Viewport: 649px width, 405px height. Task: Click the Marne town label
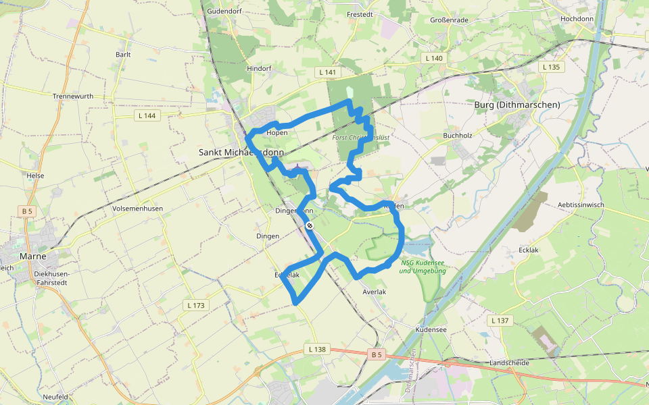pos(32,256)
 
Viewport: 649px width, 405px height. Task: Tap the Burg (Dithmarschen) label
pos(517,105)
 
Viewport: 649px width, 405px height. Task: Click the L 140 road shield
pos(434,59)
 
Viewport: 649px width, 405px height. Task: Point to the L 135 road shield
pos(551,67)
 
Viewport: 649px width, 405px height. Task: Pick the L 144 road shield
pos(146,116)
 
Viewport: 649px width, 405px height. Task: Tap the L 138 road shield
pos(317,350)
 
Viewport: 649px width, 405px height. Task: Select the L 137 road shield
pos(500,320)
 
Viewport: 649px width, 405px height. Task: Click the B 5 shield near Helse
pos(27,211)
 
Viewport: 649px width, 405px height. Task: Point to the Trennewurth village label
pos(73,97)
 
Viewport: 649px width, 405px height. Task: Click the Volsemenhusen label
pos(138,209)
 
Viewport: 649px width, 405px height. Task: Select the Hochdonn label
pos(577,19)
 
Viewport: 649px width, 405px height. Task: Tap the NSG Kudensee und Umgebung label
pos(423,267)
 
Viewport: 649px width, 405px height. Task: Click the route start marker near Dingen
pos(309,225)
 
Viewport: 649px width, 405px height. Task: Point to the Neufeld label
pos(55,397)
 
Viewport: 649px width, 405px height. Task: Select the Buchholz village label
pos(456,136)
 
